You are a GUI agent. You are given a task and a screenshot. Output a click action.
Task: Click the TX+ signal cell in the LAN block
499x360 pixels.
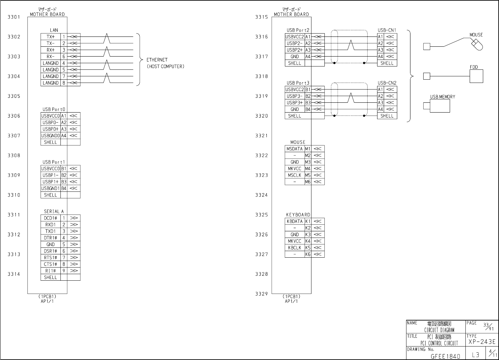50,37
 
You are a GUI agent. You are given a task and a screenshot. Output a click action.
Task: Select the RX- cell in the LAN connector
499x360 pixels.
50,57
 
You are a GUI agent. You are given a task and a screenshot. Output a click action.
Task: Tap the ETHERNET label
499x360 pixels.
157,60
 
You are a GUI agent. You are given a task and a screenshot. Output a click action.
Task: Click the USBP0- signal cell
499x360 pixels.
50,122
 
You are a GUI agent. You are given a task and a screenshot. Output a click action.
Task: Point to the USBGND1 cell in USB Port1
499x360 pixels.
50,189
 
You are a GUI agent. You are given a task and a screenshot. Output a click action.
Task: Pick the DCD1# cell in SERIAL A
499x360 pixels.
50,218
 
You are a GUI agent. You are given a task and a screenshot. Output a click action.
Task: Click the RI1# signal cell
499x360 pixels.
50,271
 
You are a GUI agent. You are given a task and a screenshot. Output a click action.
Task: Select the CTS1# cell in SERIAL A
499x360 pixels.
50,264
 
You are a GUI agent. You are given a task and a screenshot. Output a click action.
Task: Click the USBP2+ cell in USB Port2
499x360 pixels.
294,50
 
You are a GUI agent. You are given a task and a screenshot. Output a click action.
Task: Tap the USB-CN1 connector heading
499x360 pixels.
387,30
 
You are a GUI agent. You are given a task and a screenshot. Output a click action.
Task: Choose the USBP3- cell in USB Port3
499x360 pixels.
294,96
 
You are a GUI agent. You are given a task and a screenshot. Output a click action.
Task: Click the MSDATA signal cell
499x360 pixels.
294,149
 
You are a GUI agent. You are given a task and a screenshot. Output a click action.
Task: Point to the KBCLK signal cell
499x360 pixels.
294,248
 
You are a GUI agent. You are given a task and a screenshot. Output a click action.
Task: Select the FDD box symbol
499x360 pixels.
476,76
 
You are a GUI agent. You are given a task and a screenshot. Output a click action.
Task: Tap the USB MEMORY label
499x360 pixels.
442,97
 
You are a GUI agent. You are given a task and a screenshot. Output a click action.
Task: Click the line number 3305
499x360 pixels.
14,96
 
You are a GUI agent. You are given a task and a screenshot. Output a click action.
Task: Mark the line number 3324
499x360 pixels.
262,195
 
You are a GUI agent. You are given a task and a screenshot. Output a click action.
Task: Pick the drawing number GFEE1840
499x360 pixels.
445,356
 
